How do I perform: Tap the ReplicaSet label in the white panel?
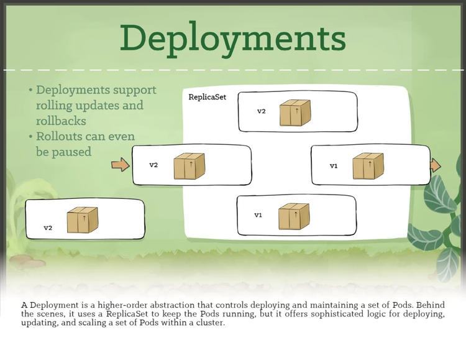click(x=208, y=97)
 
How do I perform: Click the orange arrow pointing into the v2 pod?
click(x=121, y=165)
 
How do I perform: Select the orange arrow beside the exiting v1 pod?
click(x=436, y=165)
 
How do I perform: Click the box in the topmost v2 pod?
click(x=295, y=113)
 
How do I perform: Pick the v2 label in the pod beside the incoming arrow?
click(x=153, y=165)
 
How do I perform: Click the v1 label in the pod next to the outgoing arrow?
click(x=334, y=166)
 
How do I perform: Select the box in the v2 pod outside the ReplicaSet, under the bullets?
click(x=83, y=220)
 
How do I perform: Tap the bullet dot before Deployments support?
click(x=31, y=91)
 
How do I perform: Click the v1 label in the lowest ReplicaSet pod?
click(x=258, y=215)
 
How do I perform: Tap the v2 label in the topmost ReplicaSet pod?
click(x=262, y=112)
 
